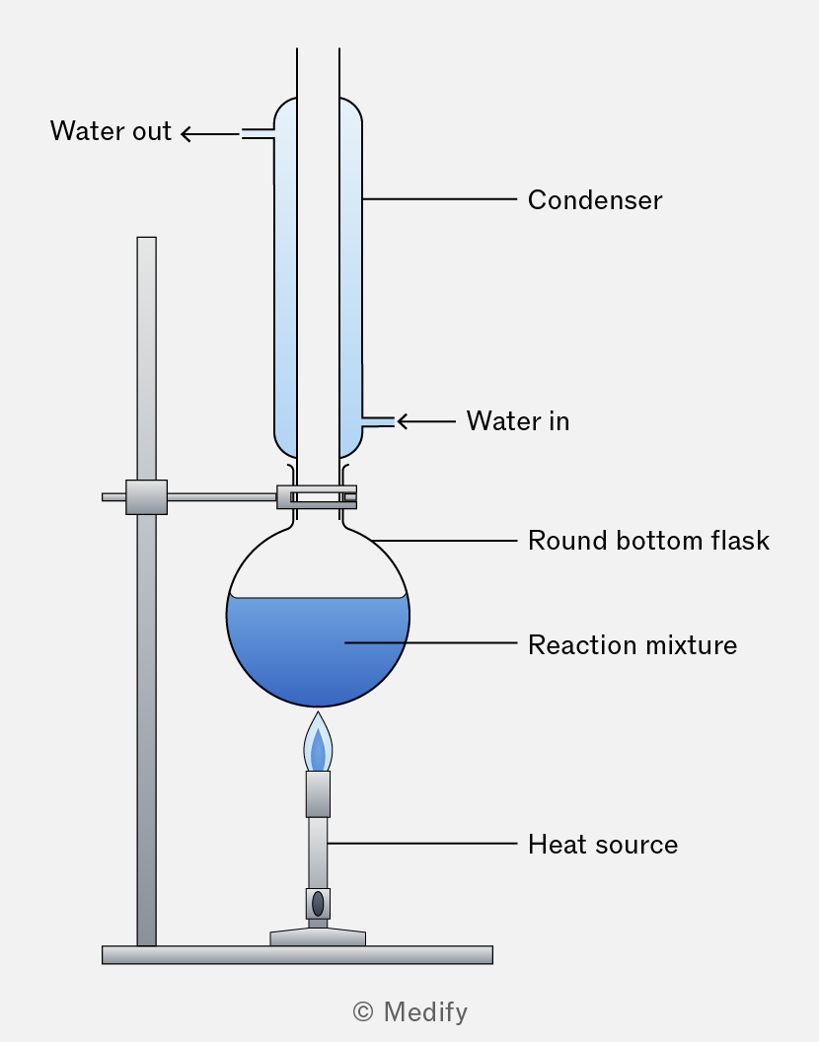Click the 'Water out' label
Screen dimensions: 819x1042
click(x=112, y=131)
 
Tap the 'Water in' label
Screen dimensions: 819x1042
click(x=518, y=421)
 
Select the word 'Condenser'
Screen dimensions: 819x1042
click(x=595, y=200)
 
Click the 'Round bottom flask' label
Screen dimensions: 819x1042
click(x=649, y=541)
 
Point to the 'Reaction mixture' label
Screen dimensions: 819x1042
click(x=633, y=645)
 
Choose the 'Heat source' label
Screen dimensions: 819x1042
click(x=603, y=845)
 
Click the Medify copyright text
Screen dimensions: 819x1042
click(x=410, y=1012)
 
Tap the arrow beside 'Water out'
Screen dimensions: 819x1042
click(x=210, y=134)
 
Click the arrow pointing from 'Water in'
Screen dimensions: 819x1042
click(x=426, y=421)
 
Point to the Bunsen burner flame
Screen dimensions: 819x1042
click(x=318, y=743)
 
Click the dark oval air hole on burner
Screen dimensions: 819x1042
click(x=318, y=904)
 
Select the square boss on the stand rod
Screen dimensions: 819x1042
click(x=146, y=497)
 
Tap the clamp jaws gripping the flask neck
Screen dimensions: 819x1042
click(x=317, y=497)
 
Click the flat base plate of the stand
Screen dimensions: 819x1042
click(x=297, y=955)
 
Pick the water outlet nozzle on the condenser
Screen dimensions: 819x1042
click(x=258, y=134)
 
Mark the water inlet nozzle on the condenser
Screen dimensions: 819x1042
click(x=378, y=422)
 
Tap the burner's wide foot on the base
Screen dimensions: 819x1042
click(x=318, y=937)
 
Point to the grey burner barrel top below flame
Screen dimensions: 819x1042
click(x=318, y=794)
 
